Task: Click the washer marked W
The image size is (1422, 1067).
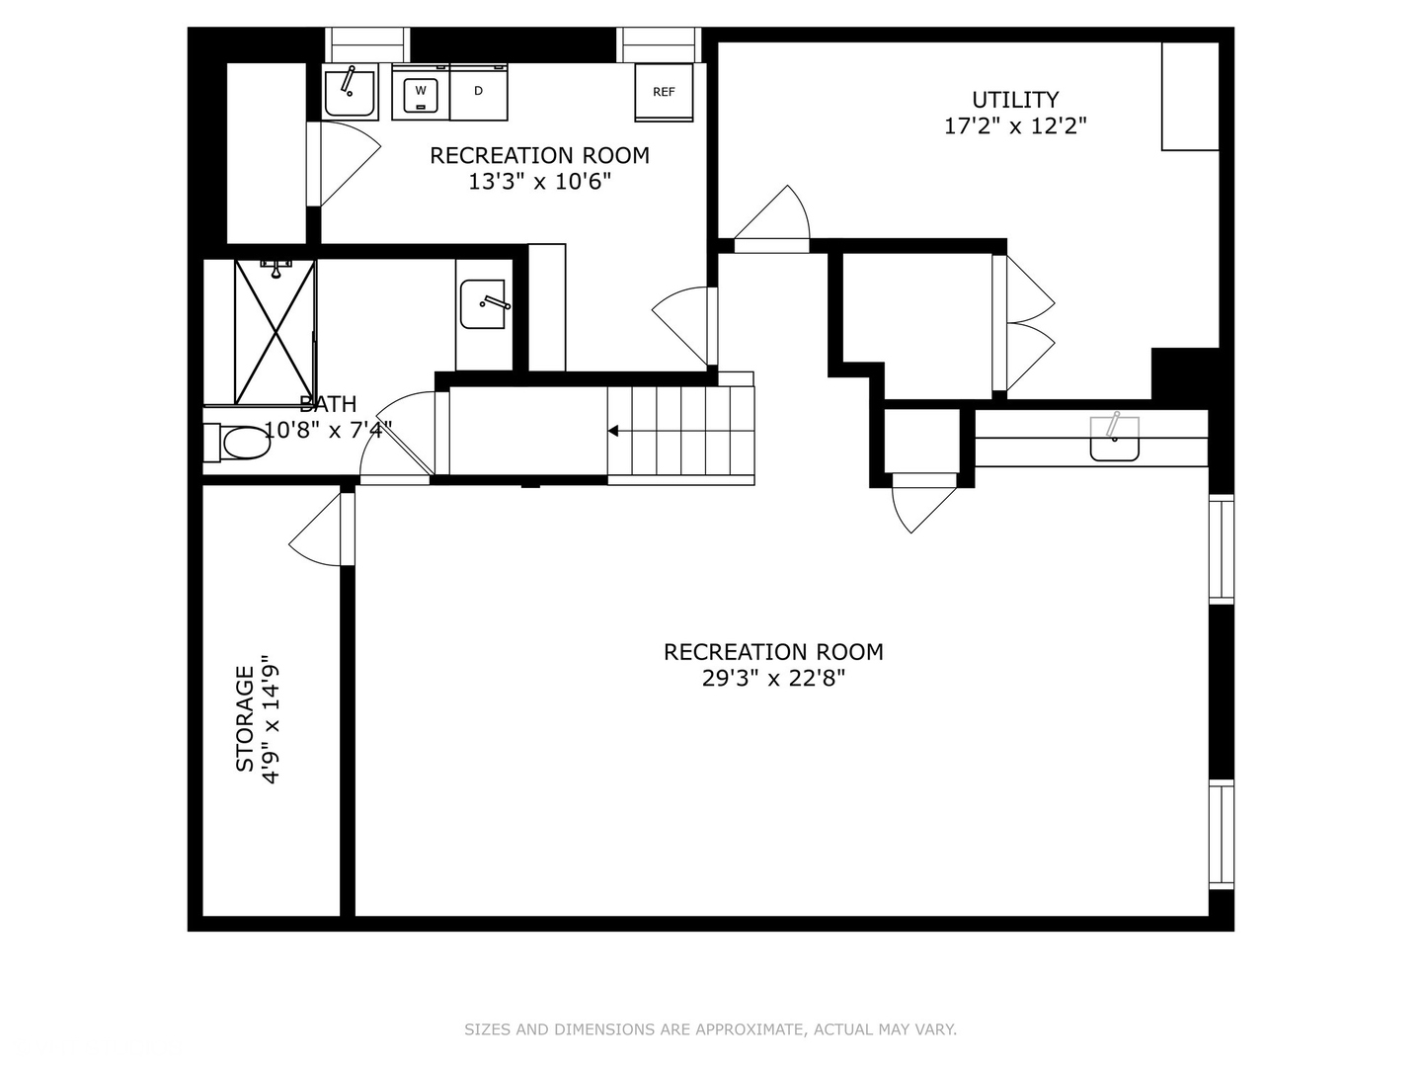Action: (421, 92)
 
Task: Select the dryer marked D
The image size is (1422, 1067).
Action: (479, 92)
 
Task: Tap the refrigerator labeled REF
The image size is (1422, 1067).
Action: (664, 92)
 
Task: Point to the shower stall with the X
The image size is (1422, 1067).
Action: (274, 331)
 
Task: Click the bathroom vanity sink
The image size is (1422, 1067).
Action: (484, 304)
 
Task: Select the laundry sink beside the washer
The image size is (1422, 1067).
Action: (350, 92)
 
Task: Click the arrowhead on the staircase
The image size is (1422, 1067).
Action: (613, 431)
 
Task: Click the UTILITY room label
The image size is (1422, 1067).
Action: (1015, 100)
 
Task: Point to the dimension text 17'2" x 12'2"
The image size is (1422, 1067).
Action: (1015, 126)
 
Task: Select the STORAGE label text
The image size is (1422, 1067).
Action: (244, 718)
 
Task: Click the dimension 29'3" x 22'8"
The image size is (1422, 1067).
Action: (773, 679)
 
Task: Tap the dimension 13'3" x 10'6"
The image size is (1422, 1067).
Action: (539, 182)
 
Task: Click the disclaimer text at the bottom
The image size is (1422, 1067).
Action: (710, 1029)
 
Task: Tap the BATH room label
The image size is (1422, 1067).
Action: (328, 404)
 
